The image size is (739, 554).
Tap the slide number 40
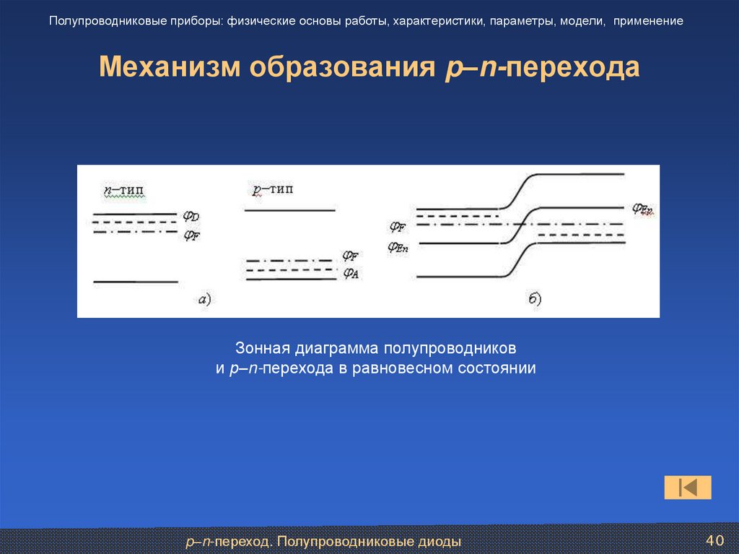point(714,540)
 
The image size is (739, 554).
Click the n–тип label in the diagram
point(123,190)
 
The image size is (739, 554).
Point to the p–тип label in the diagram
point(273,190)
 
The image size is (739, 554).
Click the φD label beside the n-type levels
point(191,216)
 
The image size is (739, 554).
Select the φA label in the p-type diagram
point(351,273)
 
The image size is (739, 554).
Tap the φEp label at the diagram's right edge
point(643,209)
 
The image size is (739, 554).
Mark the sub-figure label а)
point(204,299)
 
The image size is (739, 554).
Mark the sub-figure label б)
point(534,298)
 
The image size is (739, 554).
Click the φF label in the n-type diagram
point(191,235)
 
